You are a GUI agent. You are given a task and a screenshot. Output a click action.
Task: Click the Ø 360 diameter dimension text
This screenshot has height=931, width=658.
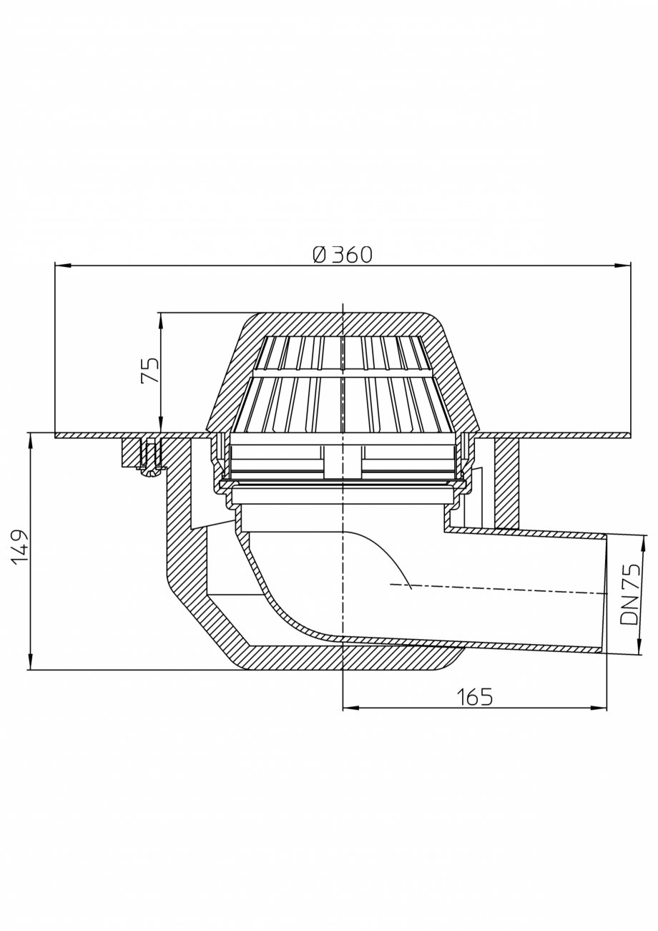[x=343, y=255]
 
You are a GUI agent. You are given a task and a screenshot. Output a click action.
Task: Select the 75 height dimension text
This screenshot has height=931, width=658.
[x=150, y=371]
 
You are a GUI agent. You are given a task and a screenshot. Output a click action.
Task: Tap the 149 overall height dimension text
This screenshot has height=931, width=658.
[x=20, y=546]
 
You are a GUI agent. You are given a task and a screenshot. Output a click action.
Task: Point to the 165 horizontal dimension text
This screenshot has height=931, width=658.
[x=475, y=697]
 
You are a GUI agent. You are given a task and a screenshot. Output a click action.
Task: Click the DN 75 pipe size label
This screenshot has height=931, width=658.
[x=630, y=594]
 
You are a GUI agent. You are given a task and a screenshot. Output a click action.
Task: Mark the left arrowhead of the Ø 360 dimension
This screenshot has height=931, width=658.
[x=63, y=265]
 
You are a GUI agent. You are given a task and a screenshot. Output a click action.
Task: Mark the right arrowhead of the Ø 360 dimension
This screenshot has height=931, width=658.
[x=623, y=265]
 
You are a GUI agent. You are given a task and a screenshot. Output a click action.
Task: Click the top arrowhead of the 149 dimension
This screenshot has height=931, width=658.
[x=30, y=440]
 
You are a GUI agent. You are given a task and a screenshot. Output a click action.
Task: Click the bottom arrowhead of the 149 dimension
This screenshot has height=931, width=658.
[x=30, y=662]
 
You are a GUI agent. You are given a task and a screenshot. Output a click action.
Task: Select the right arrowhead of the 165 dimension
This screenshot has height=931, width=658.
[x=599, y=708]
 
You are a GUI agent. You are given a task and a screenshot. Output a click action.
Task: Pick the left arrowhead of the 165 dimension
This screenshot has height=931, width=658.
[x=350, y=708]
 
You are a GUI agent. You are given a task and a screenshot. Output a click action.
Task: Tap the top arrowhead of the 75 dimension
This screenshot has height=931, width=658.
[x=160, y=320]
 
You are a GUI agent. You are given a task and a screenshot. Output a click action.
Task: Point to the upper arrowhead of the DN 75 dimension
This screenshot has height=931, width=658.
[x=642, y=543]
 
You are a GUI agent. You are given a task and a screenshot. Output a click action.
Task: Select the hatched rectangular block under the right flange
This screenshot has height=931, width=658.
[x=506, y=483]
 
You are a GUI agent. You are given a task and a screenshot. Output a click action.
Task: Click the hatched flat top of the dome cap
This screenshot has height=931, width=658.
[x=343, y=324]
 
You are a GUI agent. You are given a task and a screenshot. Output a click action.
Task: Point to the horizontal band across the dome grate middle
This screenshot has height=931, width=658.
[x=343, y=373]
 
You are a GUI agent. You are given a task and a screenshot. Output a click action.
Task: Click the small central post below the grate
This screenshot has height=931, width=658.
[x=343, y=462]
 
